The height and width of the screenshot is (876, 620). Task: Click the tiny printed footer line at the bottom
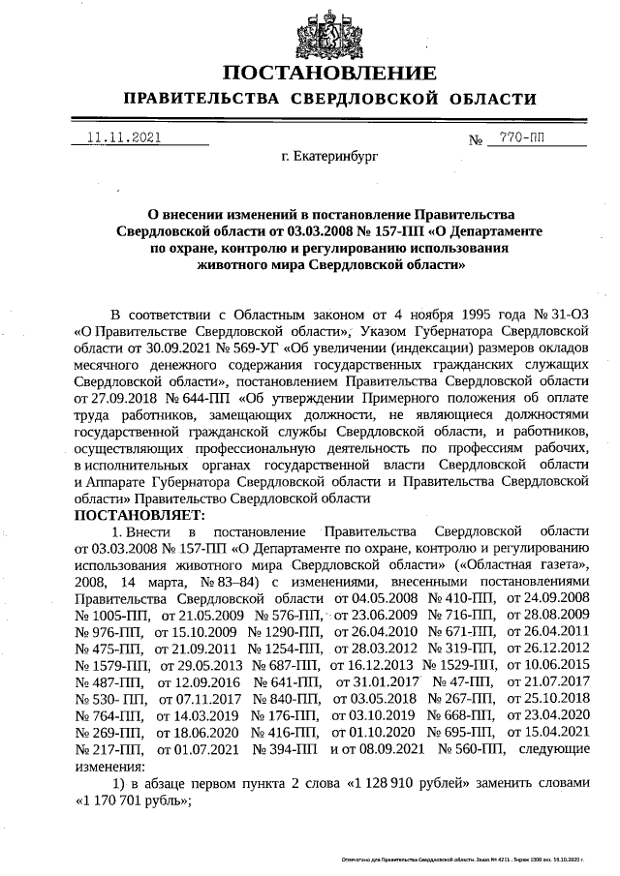point(474,860)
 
